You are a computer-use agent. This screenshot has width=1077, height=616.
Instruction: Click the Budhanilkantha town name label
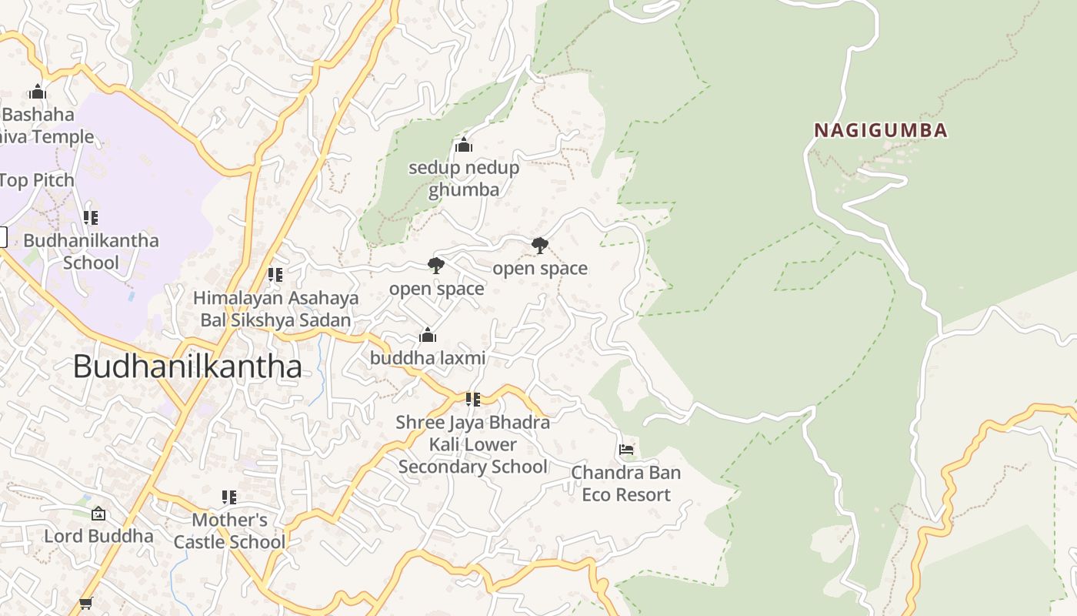pos(187,367)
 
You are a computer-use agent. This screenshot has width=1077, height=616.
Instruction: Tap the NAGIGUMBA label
pos(881,130)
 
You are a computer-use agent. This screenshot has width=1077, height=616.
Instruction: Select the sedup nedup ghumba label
pos(463,178)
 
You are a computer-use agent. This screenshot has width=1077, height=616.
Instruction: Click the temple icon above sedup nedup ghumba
pos(463,145)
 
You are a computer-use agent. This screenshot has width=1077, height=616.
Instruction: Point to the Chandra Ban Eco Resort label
pos(625,484)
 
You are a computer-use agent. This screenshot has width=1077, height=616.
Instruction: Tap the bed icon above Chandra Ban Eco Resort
pos(626,449)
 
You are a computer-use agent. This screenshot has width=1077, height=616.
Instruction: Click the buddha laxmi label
pos(428,358)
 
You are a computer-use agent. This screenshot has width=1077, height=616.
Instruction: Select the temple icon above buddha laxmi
pos(428,335)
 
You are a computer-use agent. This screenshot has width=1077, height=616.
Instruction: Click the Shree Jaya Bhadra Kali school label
pos(472,444)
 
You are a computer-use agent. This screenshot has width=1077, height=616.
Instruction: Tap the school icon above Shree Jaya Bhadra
pos(472,399)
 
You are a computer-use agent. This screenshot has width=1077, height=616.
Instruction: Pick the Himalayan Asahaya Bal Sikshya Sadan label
pos(275,309)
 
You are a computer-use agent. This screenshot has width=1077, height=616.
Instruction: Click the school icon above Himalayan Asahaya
pos(275,274)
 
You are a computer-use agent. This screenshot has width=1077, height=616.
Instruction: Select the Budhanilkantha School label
pos(91,251)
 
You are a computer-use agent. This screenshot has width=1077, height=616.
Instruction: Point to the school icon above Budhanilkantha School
pos(91,218)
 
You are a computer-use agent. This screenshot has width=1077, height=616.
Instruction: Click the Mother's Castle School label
pos(229,531)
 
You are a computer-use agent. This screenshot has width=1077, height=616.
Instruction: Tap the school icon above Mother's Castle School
pos(229,497)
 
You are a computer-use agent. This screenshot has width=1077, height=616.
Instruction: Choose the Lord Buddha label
pos(98,536)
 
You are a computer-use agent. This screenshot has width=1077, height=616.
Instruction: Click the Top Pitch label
pos(37,180)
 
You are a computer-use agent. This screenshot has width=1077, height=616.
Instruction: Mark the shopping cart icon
pos(85,603)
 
